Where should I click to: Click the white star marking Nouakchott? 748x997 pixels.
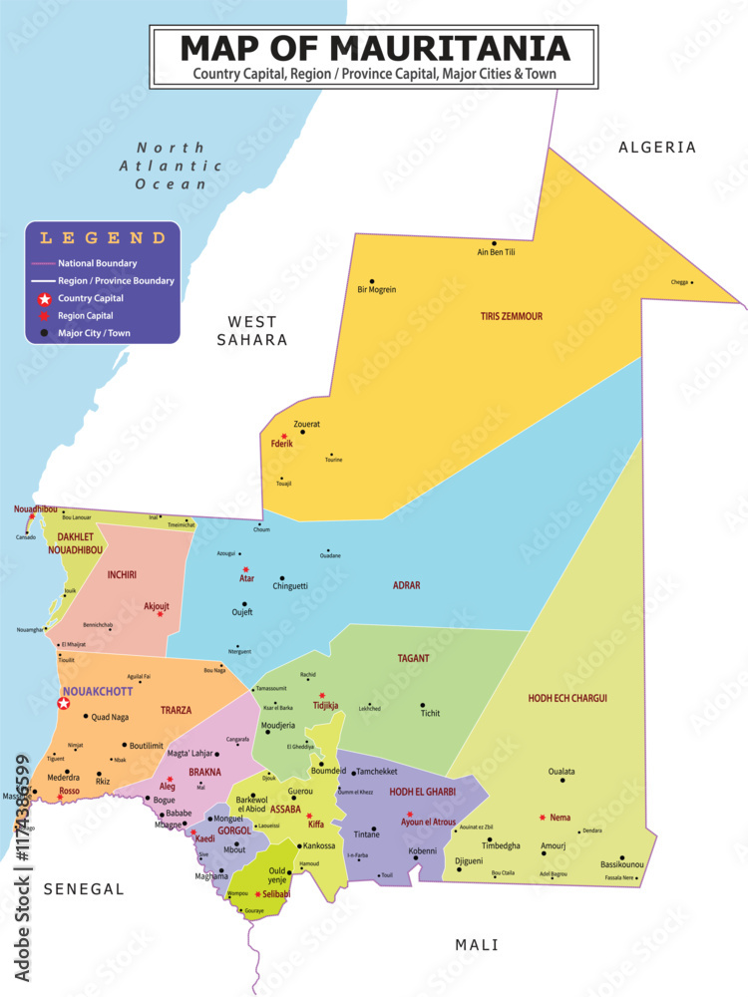tap(63, 703)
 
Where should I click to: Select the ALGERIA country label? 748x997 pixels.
tap(657, 148)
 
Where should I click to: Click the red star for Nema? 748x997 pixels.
tap(542, 818)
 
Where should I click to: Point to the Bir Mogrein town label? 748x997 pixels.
tap(377, 290)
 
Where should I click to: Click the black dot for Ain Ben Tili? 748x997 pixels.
tap(494, 242)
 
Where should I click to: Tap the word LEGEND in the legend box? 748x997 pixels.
tap(103, 238)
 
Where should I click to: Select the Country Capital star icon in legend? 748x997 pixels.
tap(44, 298)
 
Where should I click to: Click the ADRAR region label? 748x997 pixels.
tap(406, 585)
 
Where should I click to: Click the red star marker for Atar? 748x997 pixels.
tap(245, 569)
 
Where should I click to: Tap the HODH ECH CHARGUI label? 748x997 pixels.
tap(567, 698)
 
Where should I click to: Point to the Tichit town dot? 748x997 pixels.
tap(422, 705)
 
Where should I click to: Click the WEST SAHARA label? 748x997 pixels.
tap(252, 330)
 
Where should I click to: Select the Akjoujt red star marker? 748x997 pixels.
tap(160, 614)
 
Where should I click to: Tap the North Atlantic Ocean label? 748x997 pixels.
tap(171, 166)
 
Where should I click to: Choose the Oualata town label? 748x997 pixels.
tap(561, 771)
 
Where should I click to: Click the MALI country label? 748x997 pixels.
tap(477, 944)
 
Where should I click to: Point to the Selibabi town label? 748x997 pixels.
tap(276, 894)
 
